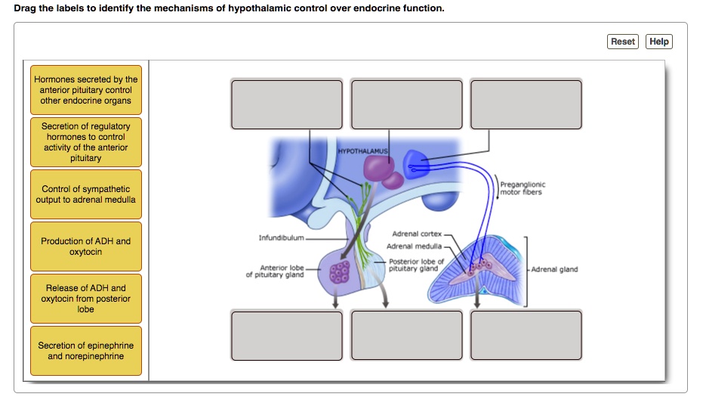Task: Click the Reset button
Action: (622, 42)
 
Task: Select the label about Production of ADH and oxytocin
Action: (86, 247)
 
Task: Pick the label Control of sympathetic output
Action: (86, 194)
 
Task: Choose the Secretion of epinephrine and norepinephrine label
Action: (86, 351)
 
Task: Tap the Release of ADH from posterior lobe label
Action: (86, 299)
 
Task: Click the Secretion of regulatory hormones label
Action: (86, 142)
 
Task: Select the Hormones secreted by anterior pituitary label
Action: (86, 90)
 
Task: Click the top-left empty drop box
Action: (287, 104)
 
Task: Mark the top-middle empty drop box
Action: (407, 104)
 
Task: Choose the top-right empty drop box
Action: (526, 104)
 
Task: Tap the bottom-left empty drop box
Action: (287, 335)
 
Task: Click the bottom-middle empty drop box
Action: (407, 335)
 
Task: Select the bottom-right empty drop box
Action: (526, 335)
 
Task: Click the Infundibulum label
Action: (281, 237)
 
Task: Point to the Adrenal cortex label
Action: (417, 234)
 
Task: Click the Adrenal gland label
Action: (555, 269)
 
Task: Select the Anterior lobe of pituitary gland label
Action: (276, 271)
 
